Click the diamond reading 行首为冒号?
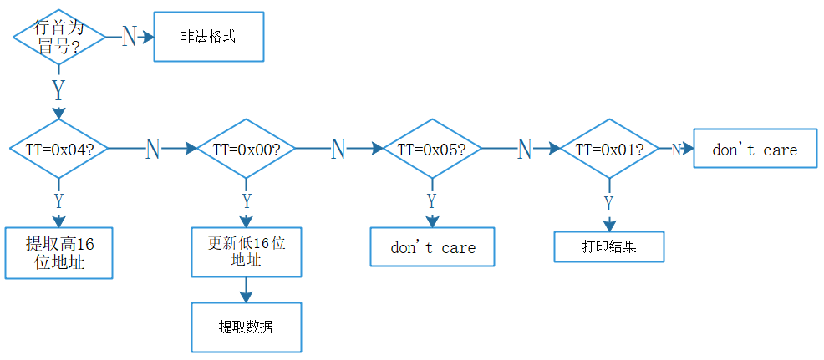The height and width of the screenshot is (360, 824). tap(59, 38)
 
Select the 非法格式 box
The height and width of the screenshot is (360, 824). tap(209, 37)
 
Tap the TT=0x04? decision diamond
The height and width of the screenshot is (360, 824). tap(58, 149)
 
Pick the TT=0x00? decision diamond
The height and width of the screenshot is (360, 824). tap(247, 149)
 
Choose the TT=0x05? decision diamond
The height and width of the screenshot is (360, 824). tap(431, 149)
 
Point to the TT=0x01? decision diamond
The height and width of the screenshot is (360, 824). tap(609, 149)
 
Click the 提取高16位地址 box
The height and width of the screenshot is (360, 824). tap(58, 253)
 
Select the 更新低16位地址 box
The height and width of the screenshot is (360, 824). tap(247, 252)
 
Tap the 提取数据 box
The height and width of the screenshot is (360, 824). tap(247, 327)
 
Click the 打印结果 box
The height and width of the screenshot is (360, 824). tap(609, 247)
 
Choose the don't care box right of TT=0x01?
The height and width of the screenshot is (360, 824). tap(755, 149)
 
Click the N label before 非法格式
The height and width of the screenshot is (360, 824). tap(129, 37)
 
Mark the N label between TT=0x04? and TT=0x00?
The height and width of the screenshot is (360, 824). tap(152, 149)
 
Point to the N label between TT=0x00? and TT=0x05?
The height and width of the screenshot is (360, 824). tap(338, 149)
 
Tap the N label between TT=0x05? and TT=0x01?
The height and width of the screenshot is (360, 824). tap(524, 149)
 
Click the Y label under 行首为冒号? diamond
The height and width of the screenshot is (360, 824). tap(58, 89)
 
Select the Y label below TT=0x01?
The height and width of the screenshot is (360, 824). tap(609, 203)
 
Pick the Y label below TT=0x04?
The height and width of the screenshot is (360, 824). tap(58, 200)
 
